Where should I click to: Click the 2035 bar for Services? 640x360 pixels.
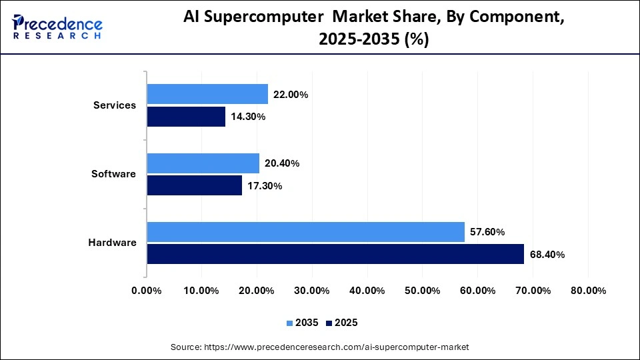point(207,94)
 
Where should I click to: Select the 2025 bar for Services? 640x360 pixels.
point(186,117)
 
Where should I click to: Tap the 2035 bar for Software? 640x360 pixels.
point(203,163)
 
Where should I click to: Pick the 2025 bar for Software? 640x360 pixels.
point(194,185)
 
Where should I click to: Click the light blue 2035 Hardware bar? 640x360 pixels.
point(305,232)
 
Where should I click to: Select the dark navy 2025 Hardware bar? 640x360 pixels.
point(335,254)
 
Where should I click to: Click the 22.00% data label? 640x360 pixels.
point(291,95)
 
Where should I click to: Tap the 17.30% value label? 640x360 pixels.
point(264,186)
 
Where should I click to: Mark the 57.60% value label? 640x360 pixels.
point(487,232)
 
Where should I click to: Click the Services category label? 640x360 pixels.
point(115,105)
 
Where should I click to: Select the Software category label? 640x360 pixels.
point(113,174)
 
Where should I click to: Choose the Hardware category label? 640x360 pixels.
point(112,243)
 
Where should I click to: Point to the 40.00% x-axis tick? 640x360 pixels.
point(367,291)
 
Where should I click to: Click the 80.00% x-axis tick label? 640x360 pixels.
point(587,291)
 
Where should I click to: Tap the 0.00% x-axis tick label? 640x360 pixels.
point(147,291)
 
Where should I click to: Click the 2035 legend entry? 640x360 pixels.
point(303,323)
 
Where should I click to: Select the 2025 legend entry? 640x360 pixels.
point(342,323)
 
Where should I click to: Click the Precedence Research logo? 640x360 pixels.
point(57,26)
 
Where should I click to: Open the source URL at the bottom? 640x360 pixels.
point(320,347)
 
